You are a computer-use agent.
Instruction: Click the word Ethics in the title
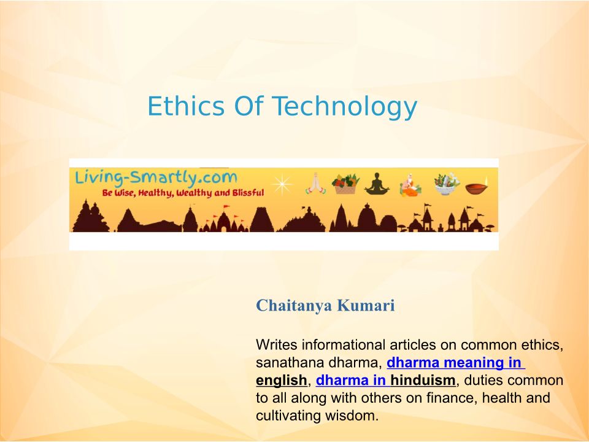[x=186, y=106]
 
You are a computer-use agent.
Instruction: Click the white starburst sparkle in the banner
[x=282, y=184]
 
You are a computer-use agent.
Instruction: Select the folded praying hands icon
[x=315, y=184]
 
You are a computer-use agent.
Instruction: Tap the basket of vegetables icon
[x=345, y=184]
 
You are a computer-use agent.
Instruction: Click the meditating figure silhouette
[x=377, y=184]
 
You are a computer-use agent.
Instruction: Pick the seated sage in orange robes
[x=410, y=185]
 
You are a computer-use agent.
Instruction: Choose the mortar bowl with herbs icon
[x=447, y=184]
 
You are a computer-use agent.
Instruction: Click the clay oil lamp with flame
[x=477, y=187]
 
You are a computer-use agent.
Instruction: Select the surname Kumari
[x=366, y=305]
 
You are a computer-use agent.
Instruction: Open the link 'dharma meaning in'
[x=456, y=363]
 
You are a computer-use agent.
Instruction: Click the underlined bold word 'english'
[x=282, y=381]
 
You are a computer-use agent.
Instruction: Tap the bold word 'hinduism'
[x=423, y=381]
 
